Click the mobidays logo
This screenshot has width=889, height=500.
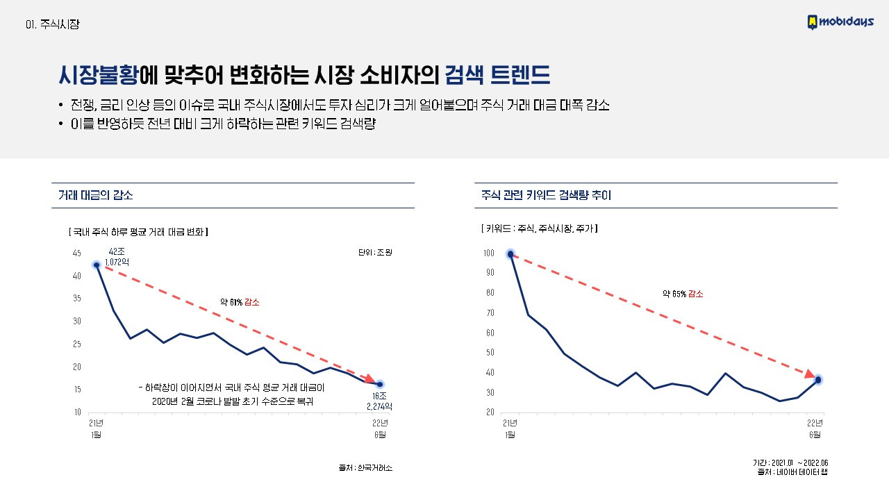(842, 22)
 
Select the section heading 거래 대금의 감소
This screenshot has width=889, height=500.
(96, 195)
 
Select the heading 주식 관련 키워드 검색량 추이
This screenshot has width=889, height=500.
(546, 195)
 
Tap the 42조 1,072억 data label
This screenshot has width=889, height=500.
(117, 256)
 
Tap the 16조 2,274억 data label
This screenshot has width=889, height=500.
(379, 401)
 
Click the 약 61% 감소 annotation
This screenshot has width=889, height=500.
(240, 302)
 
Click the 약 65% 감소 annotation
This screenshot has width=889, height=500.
(683, 294)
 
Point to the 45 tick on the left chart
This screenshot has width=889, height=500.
(76, 253)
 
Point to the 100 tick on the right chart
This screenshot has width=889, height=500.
(489, 253)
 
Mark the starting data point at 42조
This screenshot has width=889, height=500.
(97, 265)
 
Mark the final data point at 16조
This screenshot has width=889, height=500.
(380, 384)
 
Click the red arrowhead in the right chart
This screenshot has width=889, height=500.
(809, 374)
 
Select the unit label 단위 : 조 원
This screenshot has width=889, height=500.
(375, 251)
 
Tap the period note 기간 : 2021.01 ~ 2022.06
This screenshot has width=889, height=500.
(790, 463)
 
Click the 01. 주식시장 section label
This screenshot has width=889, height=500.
(52, 24)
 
